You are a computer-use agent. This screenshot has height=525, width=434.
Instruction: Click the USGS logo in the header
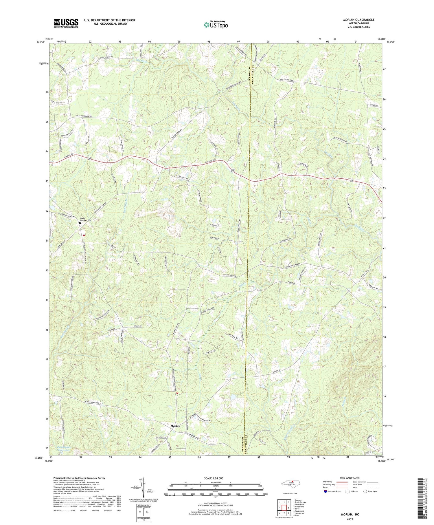coord(66,23)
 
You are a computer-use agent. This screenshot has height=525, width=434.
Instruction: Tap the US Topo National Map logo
coord(216,25)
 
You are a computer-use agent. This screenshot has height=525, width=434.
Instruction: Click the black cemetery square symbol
coord(80,223)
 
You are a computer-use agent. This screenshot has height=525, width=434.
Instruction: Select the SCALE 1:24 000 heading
coord(215,478)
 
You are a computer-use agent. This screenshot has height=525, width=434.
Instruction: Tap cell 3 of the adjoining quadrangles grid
coord(288,502)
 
